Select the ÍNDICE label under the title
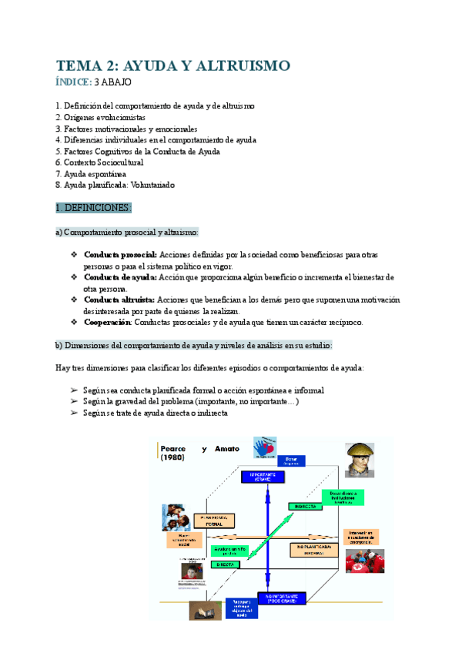pos(73,82)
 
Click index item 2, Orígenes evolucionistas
pos(100,117)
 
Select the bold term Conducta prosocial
pos(120,254)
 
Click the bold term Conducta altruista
pos(119,299)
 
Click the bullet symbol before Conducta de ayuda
pos(74,276)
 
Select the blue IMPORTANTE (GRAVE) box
pos(264,477)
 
